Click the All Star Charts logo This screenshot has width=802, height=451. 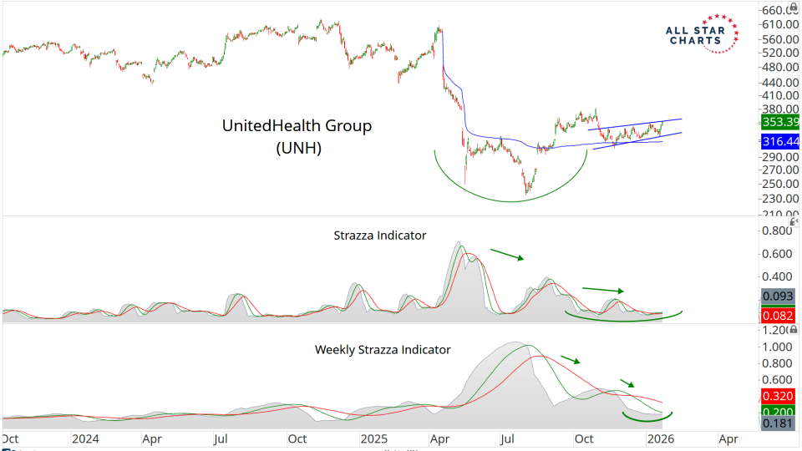pos(702,33)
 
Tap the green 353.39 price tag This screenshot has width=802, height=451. pos(779,122)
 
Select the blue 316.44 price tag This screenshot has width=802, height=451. pos(779,142)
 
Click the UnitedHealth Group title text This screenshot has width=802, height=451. pos(297,125)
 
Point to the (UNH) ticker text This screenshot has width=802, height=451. pos(297,149)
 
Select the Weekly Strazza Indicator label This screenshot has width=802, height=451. pos(383,349)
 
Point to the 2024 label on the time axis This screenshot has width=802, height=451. pos(85,438)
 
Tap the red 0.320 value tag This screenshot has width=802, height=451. pos(779,397)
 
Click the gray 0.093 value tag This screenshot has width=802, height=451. pos(779,296)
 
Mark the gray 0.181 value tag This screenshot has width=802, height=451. pos(779,424)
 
